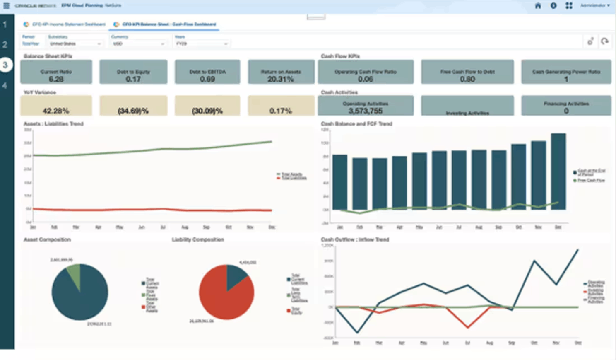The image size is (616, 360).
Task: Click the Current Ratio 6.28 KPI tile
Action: pos(56,72)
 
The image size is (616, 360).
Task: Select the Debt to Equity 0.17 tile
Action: pos(133,72)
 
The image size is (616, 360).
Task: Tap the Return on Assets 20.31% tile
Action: pos(281,72)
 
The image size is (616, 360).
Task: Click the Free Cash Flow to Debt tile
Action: pos(467,72)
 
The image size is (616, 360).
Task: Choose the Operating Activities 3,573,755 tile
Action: pos(365,106)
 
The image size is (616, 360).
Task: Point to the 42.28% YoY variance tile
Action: pos(56,106)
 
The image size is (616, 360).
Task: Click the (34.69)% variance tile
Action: pos(133,106)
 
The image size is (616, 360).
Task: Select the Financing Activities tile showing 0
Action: pos(566,106)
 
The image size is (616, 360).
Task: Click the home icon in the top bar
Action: pos(538,6)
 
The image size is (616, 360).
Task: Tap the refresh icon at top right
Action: pos(605,41)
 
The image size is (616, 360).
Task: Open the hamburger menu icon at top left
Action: pos(6,6)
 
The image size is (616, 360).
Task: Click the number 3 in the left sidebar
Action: pos(5,65)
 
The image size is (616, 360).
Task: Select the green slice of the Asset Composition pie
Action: pos(74,273)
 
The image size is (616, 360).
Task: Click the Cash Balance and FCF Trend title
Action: pos(356,124)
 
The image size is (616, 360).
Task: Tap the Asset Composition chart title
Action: pos(47,239)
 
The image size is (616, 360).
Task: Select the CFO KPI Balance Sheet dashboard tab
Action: pos(166,24)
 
